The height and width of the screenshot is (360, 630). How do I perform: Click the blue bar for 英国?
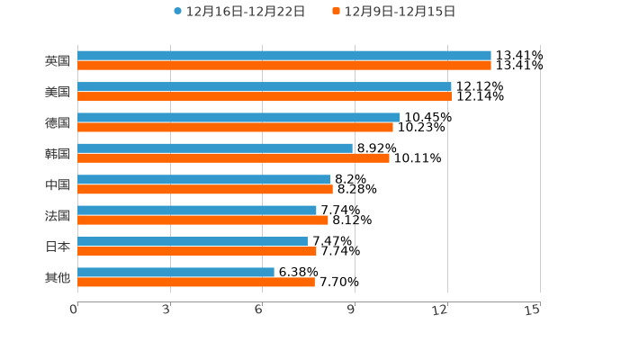point(284,56)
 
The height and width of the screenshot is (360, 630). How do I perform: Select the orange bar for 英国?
point(284,66)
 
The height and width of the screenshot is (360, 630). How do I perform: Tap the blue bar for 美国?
point(265,86)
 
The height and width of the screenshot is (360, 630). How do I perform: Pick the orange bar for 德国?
point(235,127)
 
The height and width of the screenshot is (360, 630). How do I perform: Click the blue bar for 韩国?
point(215,148)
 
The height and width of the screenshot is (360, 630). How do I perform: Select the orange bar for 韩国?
point(233,158)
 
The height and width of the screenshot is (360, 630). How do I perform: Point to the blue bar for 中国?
point(203,179)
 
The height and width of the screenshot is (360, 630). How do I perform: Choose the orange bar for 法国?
point(202,220)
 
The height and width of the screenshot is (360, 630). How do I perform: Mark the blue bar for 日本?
point(193,241)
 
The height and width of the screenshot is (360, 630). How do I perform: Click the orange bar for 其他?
point(196,282)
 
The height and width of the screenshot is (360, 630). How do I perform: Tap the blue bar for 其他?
point(175,272)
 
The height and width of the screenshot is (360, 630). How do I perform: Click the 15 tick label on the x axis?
point(533,310)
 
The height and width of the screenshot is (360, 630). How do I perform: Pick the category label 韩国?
point(58,154)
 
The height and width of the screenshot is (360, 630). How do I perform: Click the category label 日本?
point(58,247)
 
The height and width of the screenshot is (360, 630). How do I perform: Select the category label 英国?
point(58,61)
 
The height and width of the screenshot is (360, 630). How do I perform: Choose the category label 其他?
point(58,277)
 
